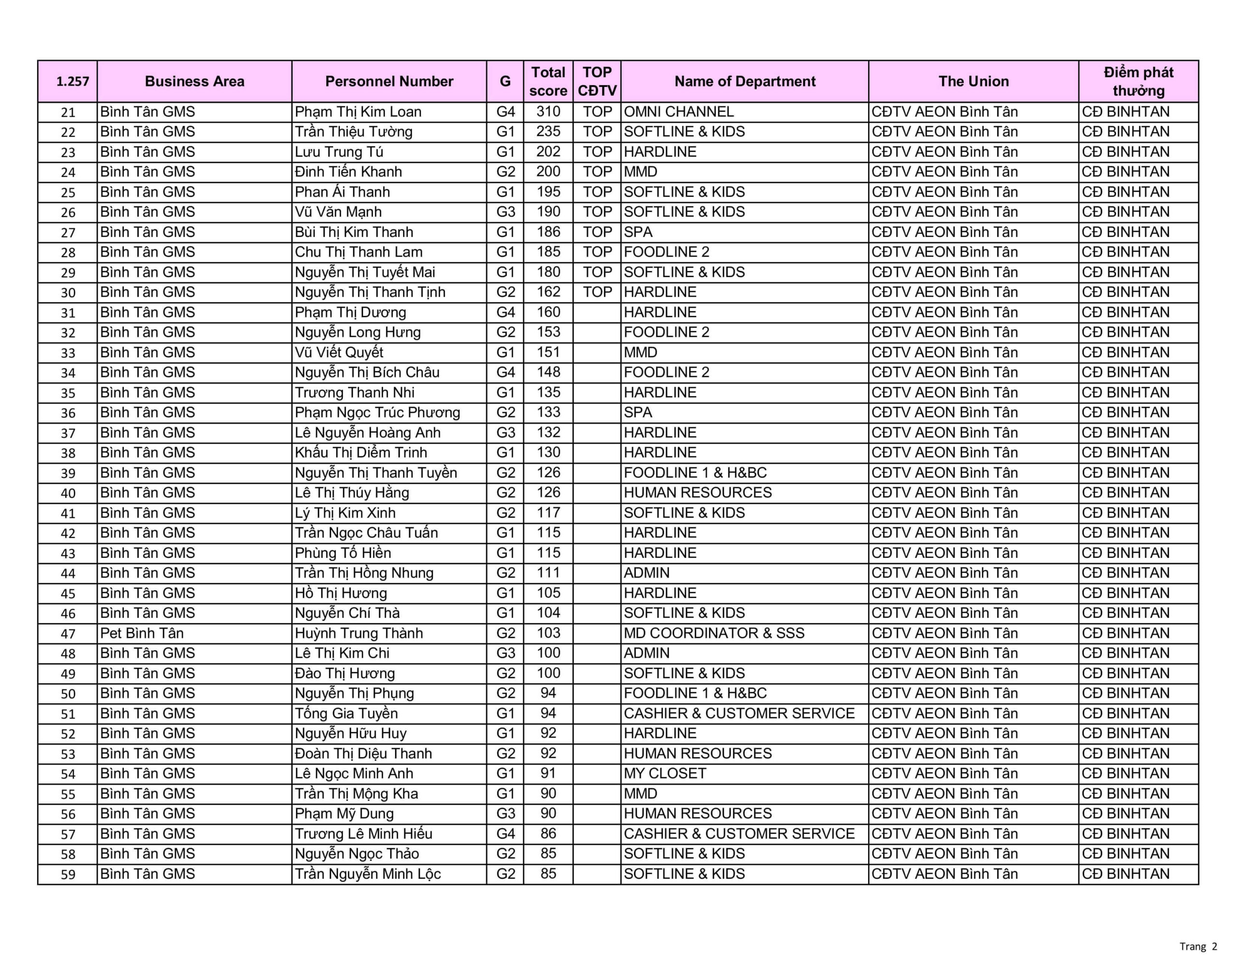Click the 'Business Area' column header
point(194,81)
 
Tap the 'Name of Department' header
point(744,81)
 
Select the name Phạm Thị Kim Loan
point(358,112)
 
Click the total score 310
point(547,112)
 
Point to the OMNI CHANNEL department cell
point(678,112)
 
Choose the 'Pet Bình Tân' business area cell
point(142,633)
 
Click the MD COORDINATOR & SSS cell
point(714,633)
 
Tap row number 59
point(68,874)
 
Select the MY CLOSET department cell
point(665,773)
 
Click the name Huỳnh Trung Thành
point(358,633)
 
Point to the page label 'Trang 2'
point(1198,946)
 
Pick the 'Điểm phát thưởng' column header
point(1138,81)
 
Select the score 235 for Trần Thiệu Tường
point(547,131)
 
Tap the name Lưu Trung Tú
point(339,152)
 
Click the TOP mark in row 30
point(597,292)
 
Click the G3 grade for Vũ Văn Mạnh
point(505,212)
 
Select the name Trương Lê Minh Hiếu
point(363,834)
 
